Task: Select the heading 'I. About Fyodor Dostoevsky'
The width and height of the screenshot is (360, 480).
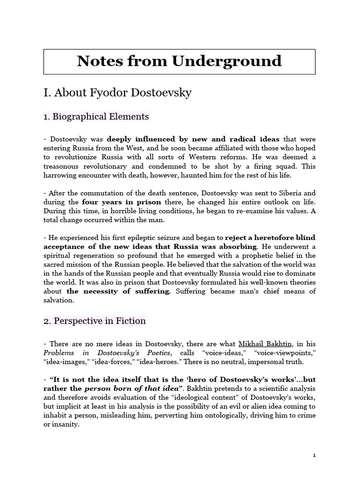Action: pos(117,92)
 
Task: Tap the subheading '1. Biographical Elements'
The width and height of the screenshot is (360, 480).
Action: pos(96,116)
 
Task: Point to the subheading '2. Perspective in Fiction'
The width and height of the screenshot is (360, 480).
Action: pos(94,321)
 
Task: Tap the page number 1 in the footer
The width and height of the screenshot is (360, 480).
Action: pos(315,455)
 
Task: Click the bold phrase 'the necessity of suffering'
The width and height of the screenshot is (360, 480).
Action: pos(118,291)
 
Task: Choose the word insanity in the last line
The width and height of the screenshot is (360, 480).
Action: pos(66,425)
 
